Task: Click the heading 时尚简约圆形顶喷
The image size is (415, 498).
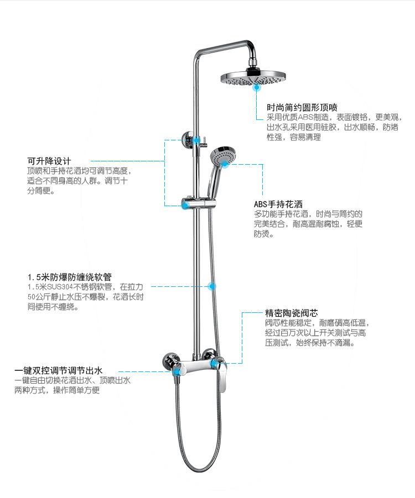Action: tap(302, 107)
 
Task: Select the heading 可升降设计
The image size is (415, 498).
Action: tap(49, 161)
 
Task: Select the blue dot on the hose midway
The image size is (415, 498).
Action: tap(211, 286)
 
